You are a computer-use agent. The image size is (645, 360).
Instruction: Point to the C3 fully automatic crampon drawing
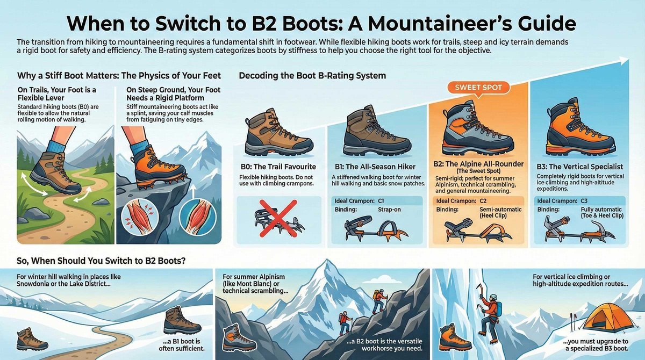coord(578,229)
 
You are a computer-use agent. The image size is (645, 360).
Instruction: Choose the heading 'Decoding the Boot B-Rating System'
coord(312,76)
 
